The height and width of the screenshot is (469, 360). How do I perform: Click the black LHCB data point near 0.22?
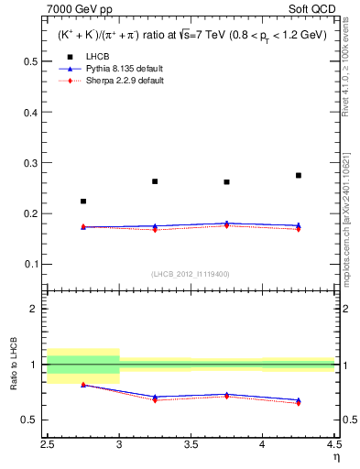[x=83, y=202]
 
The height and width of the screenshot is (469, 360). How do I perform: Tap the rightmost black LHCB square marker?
[x=299, y=175]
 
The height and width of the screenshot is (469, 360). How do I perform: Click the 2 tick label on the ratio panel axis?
[x=35, y=309]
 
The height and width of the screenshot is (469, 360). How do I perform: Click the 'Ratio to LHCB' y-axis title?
[x=12, y=365]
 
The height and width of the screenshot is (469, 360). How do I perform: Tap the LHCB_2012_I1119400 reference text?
[x=191, y=274]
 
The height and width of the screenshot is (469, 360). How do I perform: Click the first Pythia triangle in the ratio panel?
[x=83, y=385]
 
